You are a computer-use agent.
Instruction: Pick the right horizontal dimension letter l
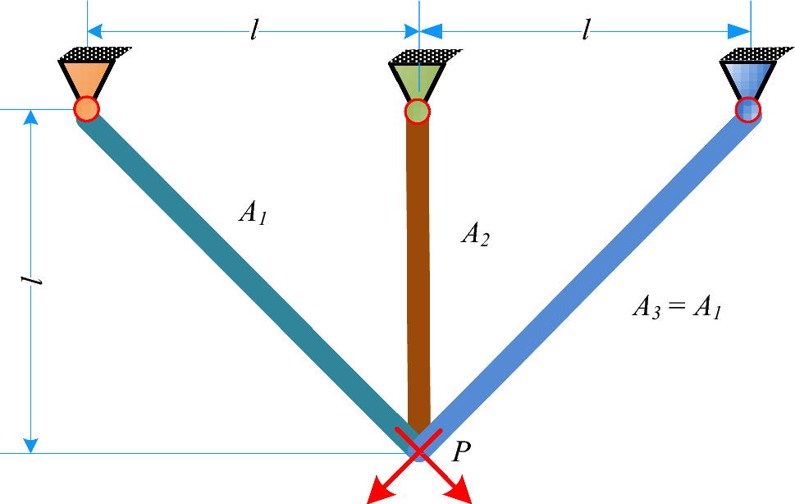585,30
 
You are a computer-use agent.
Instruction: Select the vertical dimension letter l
34,281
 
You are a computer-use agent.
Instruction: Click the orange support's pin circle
86,109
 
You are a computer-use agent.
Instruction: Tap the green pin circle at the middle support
418,111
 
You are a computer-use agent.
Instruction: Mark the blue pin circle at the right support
747,109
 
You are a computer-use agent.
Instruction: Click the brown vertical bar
418,271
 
